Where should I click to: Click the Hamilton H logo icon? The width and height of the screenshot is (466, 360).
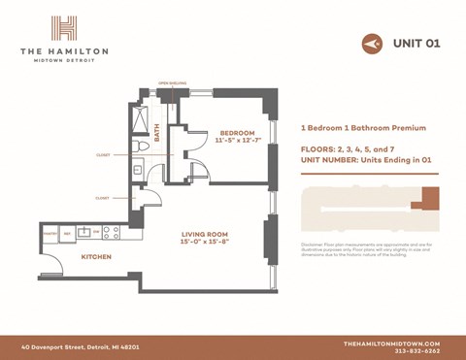(x=64, y=27)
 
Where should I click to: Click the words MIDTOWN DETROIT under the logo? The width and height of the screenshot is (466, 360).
(x=64, y=60)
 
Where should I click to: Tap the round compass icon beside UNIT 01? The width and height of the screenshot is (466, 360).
(x=371, y=44)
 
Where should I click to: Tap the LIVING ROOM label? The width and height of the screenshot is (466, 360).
(x=205, y=234)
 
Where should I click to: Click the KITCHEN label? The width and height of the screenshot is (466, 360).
(x=95, y=257)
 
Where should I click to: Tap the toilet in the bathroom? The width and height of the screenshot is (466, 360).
(x=143, y=147)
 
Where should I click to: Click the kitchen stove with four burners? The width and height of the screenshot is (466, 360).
(x=110, y=232)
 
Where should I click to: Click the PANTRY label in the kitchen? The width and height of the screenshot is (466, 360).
(x=50, y=233)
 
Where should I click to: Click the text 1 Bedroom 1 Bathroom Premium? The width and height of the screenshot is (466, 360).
(x=364, y=128)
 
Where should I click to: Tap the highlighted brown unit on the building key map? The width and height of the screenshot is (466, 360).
(x=423, y=199)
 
